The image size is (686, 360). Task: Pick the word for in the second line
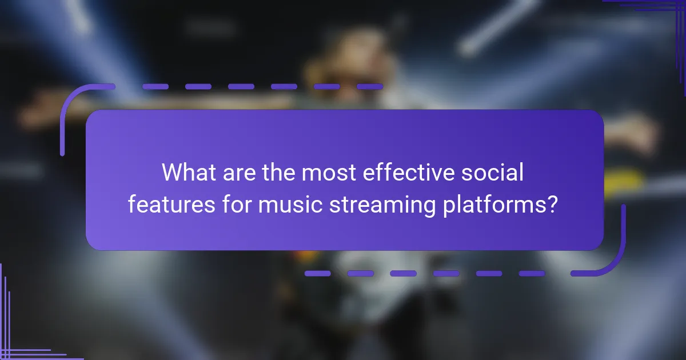(x=234, y=203)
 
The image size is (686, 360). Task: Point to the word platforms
(x=492, y=203)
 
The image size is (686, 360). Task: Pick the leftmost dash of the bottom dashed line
(x=317, y=273)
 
